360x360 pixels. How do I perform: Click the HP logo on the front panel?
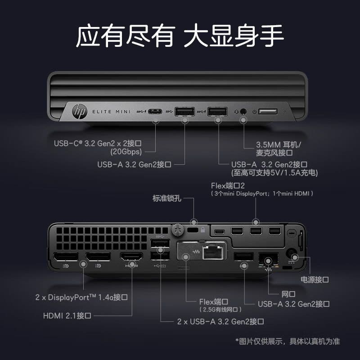click(x=80, y=112)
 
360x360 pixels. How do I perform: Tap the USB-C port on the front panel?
click(x=155, y=112)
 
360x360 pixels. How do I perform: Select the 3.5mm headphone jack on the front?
click(x=243, y=112)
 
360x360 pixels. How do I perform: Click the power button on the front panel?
click(x=268, y=112)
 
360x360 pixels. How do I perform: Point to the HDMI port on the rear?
click(x=131, y=256)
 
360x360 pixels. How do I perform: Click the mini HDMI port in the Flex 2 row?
click(x=220, y=232)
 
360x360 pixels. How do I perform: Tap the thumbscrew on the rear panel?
click(x=177, y=230)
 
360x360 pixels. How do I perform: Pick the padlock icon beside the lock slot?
click(x=203, y=229)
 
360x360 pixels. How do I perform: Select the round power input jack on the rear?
click(x=292, y=254)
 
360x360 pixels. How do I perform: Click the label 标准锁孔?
click(x=167, y=198)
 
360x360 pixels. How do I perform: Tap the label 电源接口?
click(x=315, y=279)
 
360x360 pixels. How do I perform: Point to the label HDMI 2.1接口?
click(x=67, y=316)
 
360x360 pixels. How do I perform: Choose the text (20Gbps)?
click(x=126, y=152)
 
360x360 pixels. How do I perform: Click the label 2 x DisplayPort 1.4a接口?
click(x=81, y=297)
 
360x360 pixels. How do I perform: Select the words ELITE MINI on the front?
click(x=111, y=112)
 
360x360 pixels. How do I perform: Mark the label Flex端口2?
click(x=228, y=185)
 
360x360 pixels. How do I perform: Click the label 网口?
click(x=288, y=294)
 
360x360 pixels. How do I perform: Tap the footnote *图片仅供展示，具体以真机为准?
click(x=288, y=342)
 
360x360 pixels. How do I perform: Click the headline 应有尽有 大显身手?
click(x=180, y=36)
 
